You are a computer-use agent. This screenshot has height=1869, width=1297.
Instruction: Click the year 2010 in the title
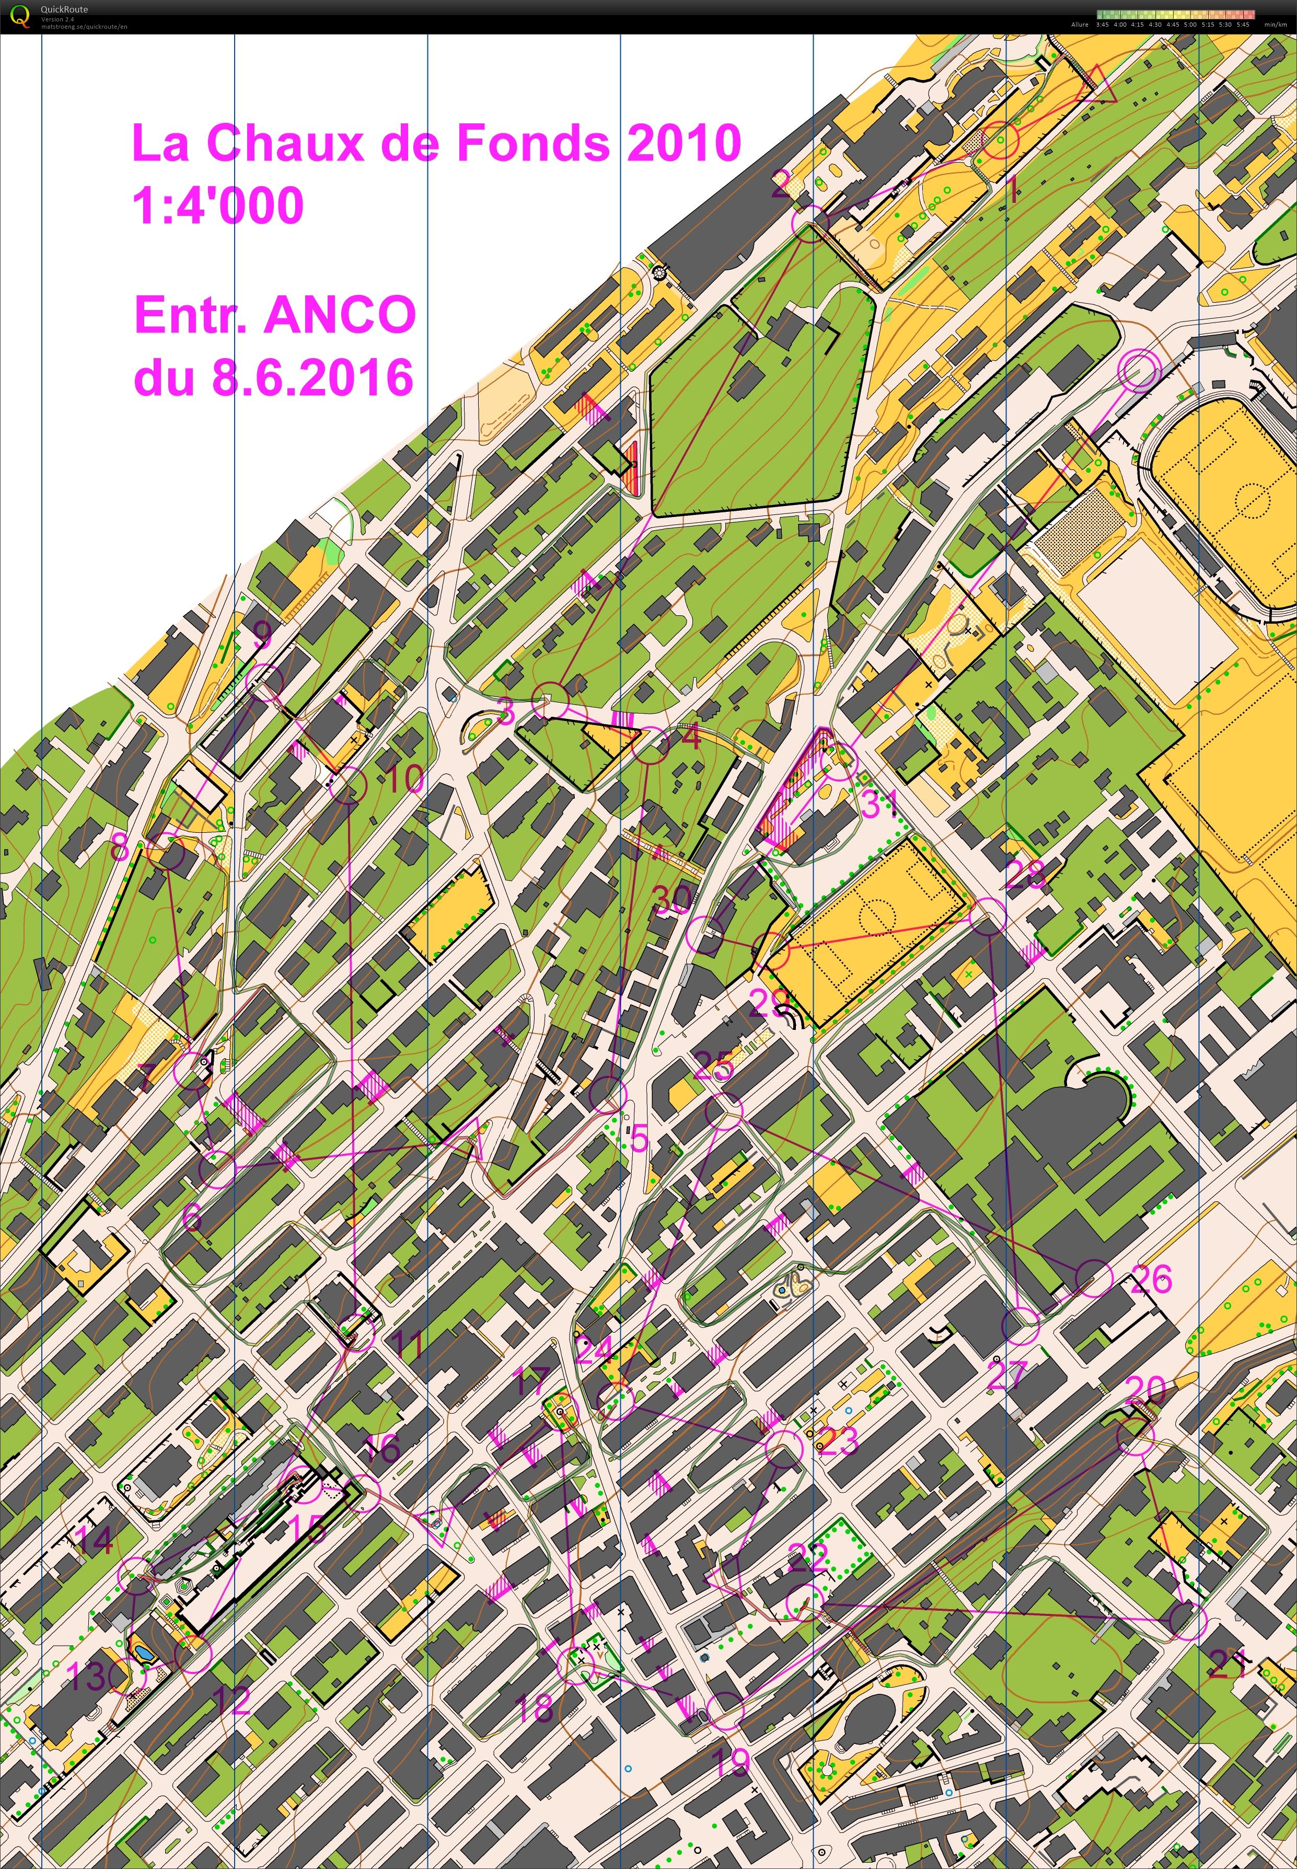point(684,143)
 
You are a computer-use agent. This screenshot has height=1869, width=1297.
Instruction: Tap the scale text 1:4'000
point(218,205)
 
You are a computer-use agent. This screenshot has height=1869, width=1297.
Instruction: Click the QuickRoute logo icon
point(19,16)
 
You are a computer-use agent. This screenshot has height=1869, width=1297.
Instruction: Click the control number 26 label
point(1151,1279)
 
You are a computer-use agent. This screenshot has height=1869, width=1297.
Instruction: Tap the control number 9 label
point(262,635)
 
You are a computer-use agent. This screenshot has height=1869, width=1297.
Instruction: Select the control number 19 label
point(730,1762)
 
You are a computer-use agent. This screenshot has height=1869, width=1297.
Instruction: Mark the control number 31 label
point(878,804)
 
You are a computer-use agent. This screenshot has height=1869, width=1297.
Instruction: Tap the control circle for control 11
point(357,1332)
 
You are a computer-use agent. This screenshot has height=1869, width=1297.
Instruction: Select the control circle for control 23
point(784,1448)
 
